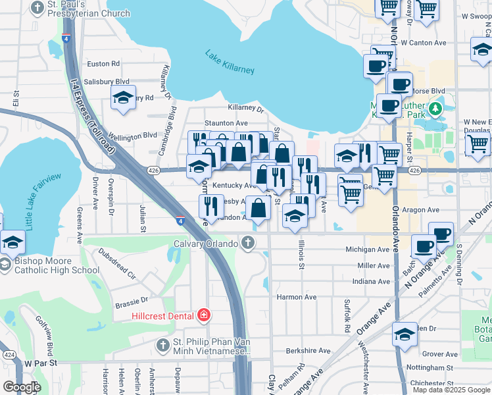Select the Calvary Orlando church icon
(x=248, y=243)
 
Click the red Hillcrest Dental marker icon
(x=204, y=316)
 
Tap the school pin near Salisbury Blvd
(x=123, y=98)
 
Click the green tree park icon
(x=434, y=107)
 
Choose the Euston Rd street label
(x=103, y=64)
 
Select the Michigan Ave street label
(x=367, y=250)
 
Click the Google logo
(x=21, y=387)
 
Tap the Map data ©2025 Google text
(x=451, y=390)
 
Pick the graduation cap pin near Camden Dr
(x=405, y=335)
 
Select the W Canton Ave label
(x=423, y=43)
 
